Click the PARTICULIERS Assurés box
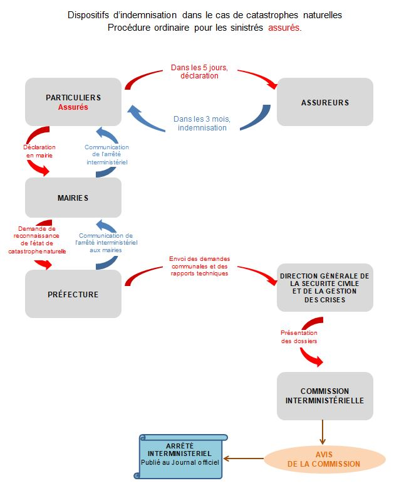click(73, 102)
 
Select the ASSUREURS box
click(324, 102)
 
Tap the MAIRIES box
click(73, 198)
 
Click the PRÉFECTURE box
click(73, 294)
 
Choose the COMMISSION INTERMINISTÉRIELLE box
click(324, 396)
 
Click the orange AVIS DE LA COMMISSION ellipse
click(323, 459)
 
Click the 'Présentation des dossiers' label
click(298, 337)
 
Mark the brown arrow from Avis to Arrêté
click(244, 459)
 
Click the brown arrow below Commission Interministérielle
click(323, 432)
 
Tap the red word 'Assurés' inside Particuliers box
click(73, 107)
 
